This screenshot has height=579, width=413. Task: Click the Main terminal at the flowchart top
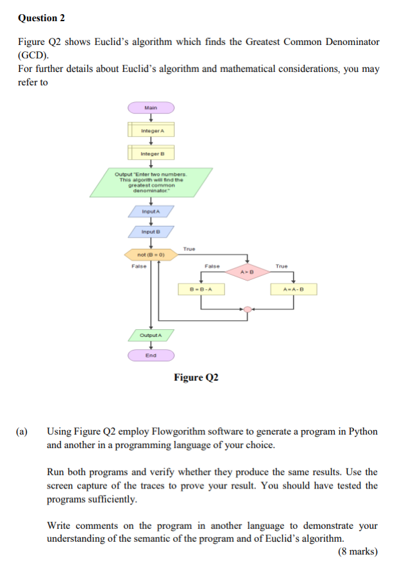151,108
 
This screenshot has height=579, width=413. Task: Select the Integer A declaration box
151,131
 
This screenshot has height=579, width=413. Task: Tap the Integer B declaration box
151,154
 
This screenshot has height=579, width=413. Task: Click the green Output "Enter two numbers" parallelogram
150,182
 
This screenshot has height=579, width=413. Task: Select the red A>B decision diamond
247,272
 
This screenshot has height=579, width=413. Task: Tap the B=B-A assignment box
201,289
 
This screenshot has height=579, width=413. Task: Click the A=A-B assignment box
293,289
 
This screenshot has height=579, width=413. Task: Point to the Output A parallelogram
151,335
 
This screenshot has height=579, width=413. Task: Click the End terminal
151,355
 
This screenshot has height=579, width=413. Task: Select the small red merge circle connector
248,309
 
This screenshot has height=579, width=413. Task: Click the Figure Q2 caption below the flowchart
196,377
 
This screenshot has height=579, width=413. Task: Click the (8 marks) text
358,551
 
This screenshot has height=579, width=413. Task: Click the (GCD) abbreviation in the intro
31,55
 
